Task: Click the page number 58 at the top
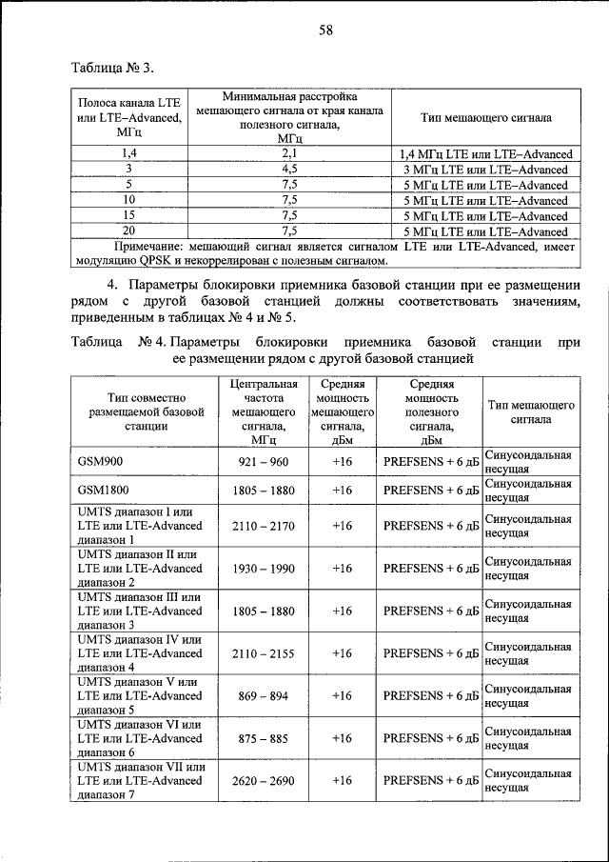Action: click(324, 30)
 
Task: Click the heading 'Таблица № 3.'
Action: click(112, 68)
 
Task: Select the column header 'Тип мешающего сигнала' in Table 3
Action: click(486, 118)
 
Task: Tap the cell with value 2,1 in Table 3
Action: click(290, 153)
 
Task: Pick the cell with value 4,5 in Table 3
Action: click(290, 170)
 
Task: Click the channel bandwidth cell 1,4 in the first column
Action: click(128, 153)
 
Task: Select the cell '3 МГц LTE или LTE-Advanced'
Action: click(486, 170)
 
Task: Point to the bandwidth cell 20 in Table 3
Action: click(128, 231)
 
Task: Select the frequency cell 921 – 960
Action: click(264, 461)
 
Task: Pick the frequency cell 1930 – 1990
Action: click(264, 568)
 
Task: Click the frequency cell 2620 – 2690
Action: click(264, 780)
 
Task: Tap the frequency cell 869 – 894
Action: click(264, 695)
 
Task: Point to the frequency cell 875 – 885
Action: click(264, 738)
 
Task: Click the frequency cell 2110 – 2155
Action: click(264, 653)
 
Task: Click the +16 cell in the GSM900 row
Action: click(342, 461)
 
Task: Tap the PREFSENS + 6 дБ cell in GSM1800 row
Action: click(429, 490)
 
